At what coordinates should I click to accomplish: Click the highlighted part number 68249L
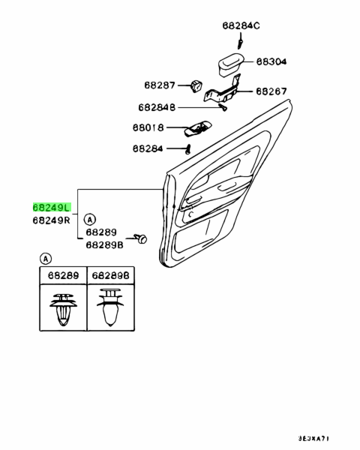(x=52, y=207)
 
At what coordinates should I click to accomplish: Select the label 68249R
(x=52, y=220)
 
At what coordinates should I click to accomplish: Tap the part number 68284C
(x=241, y=25)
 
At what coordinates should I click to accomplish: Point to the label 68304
(x=271, y=61)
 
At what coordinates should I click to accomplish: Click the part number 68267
(x=271, y=91)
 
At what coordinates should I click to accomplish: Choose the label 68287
(x=160, y=85)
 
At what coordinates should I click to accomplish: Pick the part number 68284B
(x=157, y=107)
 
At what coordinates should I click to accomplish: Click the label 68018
(x=148, y=127)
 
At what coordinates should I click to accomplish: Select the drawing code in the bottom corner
(x=313, y=439)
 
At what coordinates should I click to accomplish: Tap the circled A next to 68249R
(x=90, y=220)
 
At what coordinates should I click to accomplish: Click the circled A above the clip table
(x=46, y=259)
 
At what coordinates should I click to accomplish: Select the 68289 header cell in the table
(x=63, y=275)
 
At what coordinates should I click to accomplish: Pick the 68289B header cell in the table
(x=111, y=275)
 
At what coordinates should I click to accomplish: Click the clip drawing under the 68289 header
(x=64, y=310)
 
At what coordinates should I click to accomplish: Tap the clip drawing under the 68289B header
(x=110, y=307)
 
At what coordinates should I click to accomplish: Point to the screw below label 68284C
(x=240, y=40)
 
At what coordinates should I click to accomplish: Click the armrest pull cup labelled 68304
(x=231, y=64)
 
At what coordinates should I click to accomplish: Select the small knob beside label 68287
(x=196, y=85)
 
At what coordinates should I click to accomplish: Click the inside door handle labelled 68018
(x=198, y=127)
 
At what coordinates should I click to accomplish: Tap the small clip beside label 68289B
(x=141, y=238)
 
